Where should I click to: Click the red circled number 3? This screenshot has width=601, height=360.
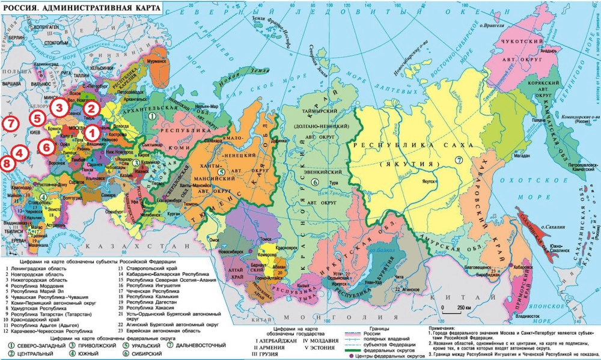tap(59, 108)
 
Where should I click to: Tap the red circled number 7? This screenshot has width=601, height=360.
tap(9, 124)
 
